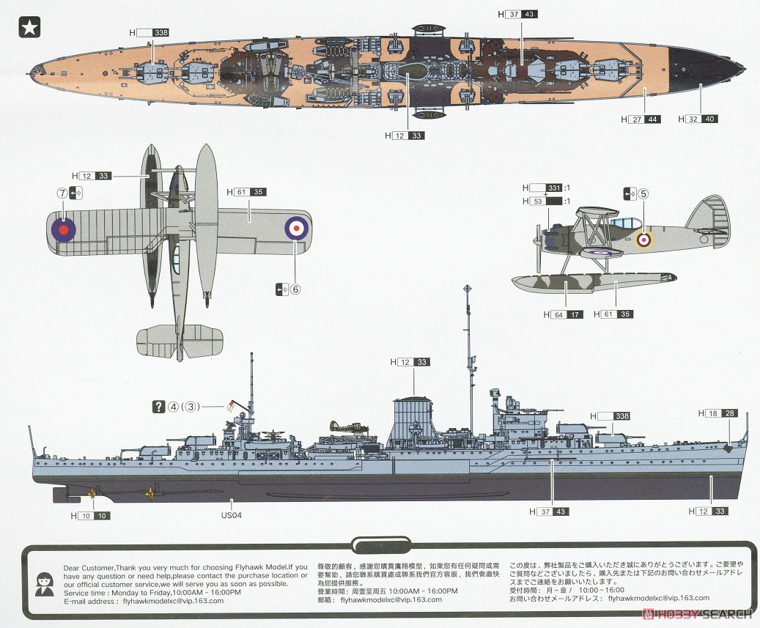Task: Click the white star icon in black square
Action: click(x=29, y=27)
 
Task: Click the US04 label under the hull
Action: click(x=232, y=515)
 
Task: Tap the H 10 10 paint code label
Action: click(x=92, y=515)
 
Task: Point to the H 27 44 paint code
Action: click(x=641, y=119)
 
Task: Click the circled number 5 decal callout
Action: click(x=643, y=194)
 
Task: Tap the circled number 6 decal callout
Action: click(x=295, y=289)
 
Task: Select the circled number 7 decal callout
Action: click(x=63, y=193)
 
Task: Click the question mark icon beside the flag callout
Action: click(x=158, y=407)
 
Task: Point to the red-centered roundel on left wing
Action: click(x=64, y=229)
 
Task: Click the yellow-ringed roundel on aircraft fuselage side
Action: click(x=644, y=239)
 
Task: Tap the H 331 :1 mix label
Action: click(x=546, y=188)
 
